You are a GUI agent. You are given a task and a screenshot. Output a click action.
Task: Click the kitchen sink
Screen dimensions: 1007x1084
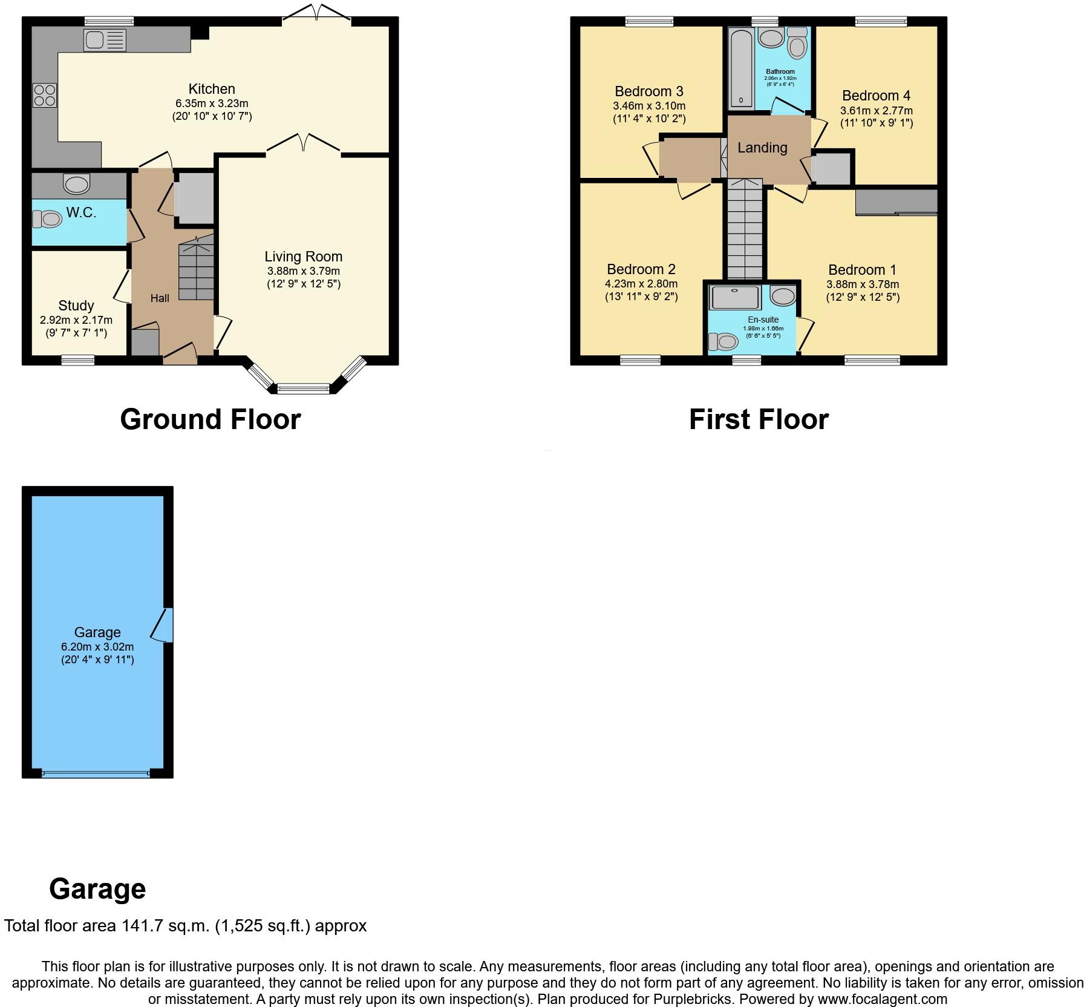(105, 40)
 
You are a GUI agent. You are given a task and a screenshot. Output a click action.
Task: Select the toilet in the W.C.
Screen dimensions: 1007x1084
(47, 219)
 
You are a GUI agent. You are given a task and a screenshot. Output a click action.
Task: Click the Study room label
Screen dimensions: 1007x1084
(76, 306)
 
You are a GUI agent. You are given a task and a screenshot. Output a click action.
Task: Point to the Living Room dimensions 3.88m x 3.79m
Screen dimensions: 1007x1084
(304, 271)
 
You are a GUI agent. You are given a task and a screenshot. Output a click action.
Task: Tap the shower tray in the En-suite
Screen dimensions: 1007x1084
(734, 297)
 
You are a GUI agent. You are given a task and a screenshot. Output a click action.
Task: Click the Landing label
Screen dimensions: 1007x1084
(762, 148)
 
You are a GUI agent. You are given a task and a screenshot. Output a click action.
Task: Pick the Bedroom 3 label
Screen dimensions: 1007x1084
(649, 91)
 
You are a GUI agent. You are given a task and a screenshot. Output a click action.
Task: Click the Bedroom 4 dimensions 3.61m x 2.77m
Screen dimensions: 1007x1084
(876, 111)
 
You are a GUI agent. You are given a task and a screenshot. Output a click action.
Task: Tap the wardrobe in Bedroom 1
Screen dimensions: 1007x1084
(896, 202)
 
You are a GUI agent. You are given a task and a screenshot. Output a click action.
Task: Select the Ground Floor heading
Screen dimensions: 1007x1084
(211, 419)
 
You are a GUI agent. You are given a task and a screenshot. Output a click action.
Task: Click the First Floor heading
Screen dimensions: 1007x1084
(759, 419)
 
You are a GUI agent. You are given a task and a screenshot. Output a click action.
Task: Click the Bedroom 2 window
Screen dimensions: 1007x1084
(640, 361)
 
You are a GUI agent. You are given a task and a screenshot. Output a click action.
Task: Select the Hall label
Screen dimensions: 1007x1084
(160, 298)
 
